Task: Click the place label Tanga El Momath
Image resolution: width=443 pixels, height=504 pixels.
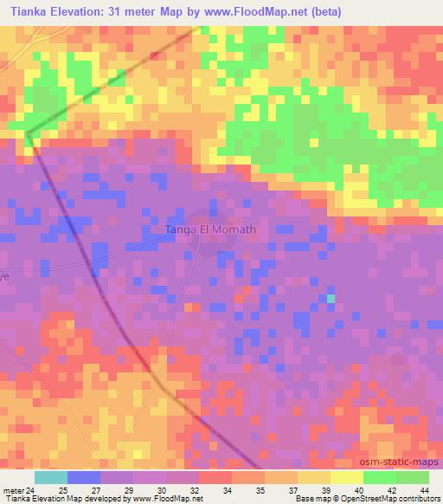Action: (x=210, y=229)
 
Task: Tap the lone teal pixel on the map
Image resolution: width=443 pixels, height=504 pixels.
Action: (x=331, y=299)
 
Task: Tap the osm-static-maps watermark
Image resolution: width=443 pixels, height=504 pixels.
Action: (x=401, y=463)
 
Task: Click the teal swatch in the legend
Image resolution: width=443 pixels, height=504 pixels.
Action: (x=51, y=477)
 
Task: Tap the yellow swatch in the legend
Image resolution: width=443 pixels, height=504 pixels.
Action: (x=347, y=477)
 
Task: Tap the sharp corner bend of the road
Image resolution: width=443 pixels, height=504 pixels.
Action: (x=27, y=135)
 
